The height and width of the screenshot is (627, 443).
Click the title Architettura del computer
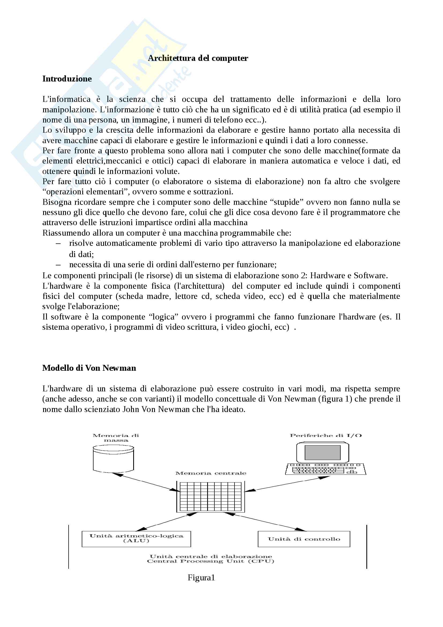pyautogui.click(x=198, y=58)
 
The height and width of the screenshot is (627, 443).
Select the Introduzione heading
pyautogui.click(x=67, y=79)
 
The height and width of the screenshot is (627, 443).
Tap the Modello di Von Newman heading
pyautogui.click(x=89, y=368)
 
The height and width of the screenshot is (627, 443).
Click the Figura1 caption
pyautogui.click(x=201, y=578)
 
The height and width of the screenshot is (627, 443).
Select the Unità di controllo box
pyautogui.click(x=304, y=539)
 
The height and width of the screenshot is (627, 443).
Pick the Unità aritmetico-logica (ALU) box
pyautogui.click(x=136, y=539)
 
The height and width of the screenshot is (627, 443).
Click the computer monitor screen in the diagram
pyautogui.click(x=322, y=452)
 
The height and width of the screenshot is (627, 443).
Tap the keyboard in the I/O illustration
pyautogui.click(x=325, y=469)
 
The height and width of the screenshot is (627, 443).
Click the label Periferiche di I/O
pyautogui.click(x=326, y=436)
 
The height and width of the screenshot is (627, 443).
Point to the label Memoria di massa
pyautogui.click(x=116, y=438)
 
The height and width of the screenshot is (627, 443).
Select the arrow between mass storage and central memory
pyautogui.click(x=146, y=482)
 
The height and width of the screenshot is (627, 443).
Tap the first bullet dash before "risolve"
pyautogui.click(x=58, y=243)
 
